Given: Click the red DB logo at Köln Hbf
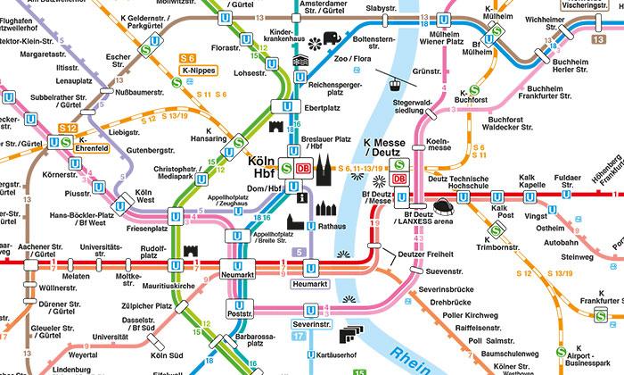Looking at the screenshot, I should (x=304, y=166).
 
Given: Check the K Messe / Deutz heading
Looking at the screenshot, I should (x=385, y=147).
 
